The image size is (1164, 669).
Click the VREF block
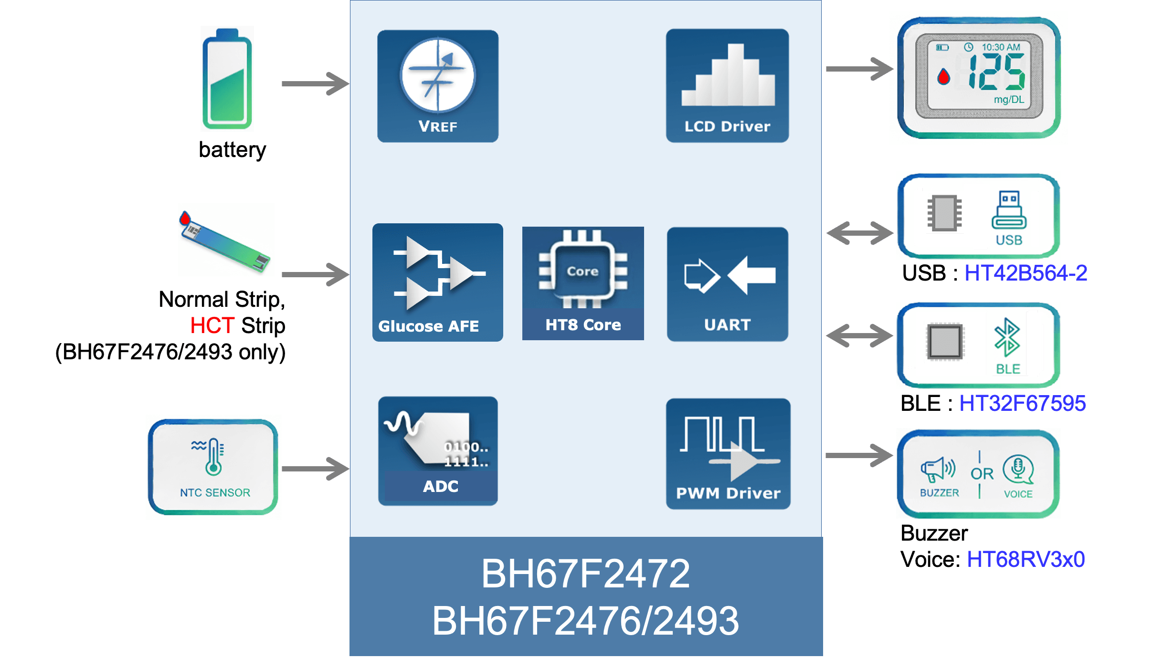point(437,86)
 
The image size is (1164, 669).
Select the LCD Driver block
point(727,86)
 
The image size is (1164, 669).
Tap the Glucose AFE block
point(437,282)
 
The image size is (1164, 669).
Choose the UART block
point(727,284)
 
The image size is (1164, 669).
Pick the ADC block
point(437,451)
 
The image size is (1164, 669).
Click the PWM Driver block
point(728,453)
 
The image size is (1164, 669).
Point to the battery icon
point(227,79)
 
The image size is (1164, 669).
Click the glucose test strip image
point(226,240)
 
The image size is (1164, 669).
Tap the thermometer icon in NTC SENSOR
point(213,457)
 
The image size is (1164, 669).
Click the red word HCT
point(212,325)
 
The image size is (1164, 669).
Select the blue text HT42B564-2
point(1026,273)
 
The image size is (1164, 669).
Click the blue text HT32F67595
point(1022,403)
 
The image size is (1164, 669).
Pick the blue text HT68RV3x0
point(1026,559)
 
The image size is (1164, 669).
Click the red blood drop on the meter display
point(943,77)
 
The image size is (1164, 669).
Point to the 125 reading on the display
point(996,72)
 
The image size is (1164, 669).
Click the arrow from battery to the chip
point(315,84)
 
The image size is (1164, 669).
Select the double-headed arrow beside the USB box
point(859,233)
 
